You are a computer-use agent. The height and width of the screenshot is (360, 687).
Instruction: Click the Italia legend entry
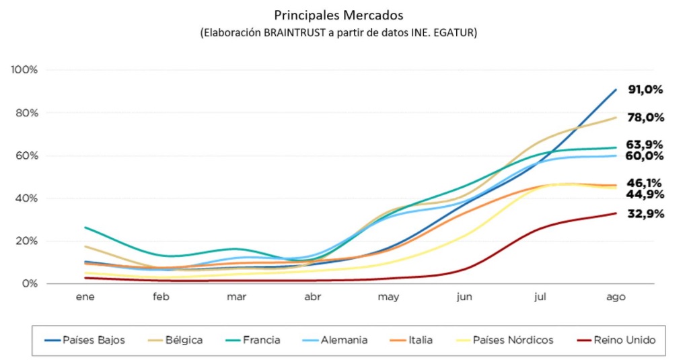pyautogui.click(x=416, y=340)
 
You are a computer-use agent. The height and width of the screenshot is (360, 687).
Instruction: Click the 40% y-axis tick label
pyautogui.click(x=27, y=199)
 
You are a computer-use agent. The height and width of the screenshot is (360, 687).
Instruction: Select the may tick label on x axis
pyautogui.click(x=388, y=297)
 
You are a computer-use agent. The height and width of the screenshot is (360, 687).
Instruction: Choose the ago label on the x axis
pyautogui.click(x=615, y=297)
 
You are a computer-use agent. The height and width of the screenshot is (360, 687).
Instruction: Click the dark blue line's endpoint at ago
pyautogui.click(x=615, y=90)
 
